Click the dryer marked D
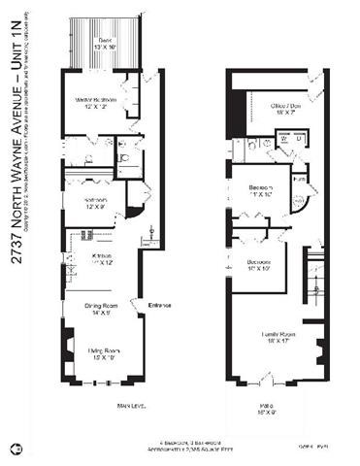coord(298,139)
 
